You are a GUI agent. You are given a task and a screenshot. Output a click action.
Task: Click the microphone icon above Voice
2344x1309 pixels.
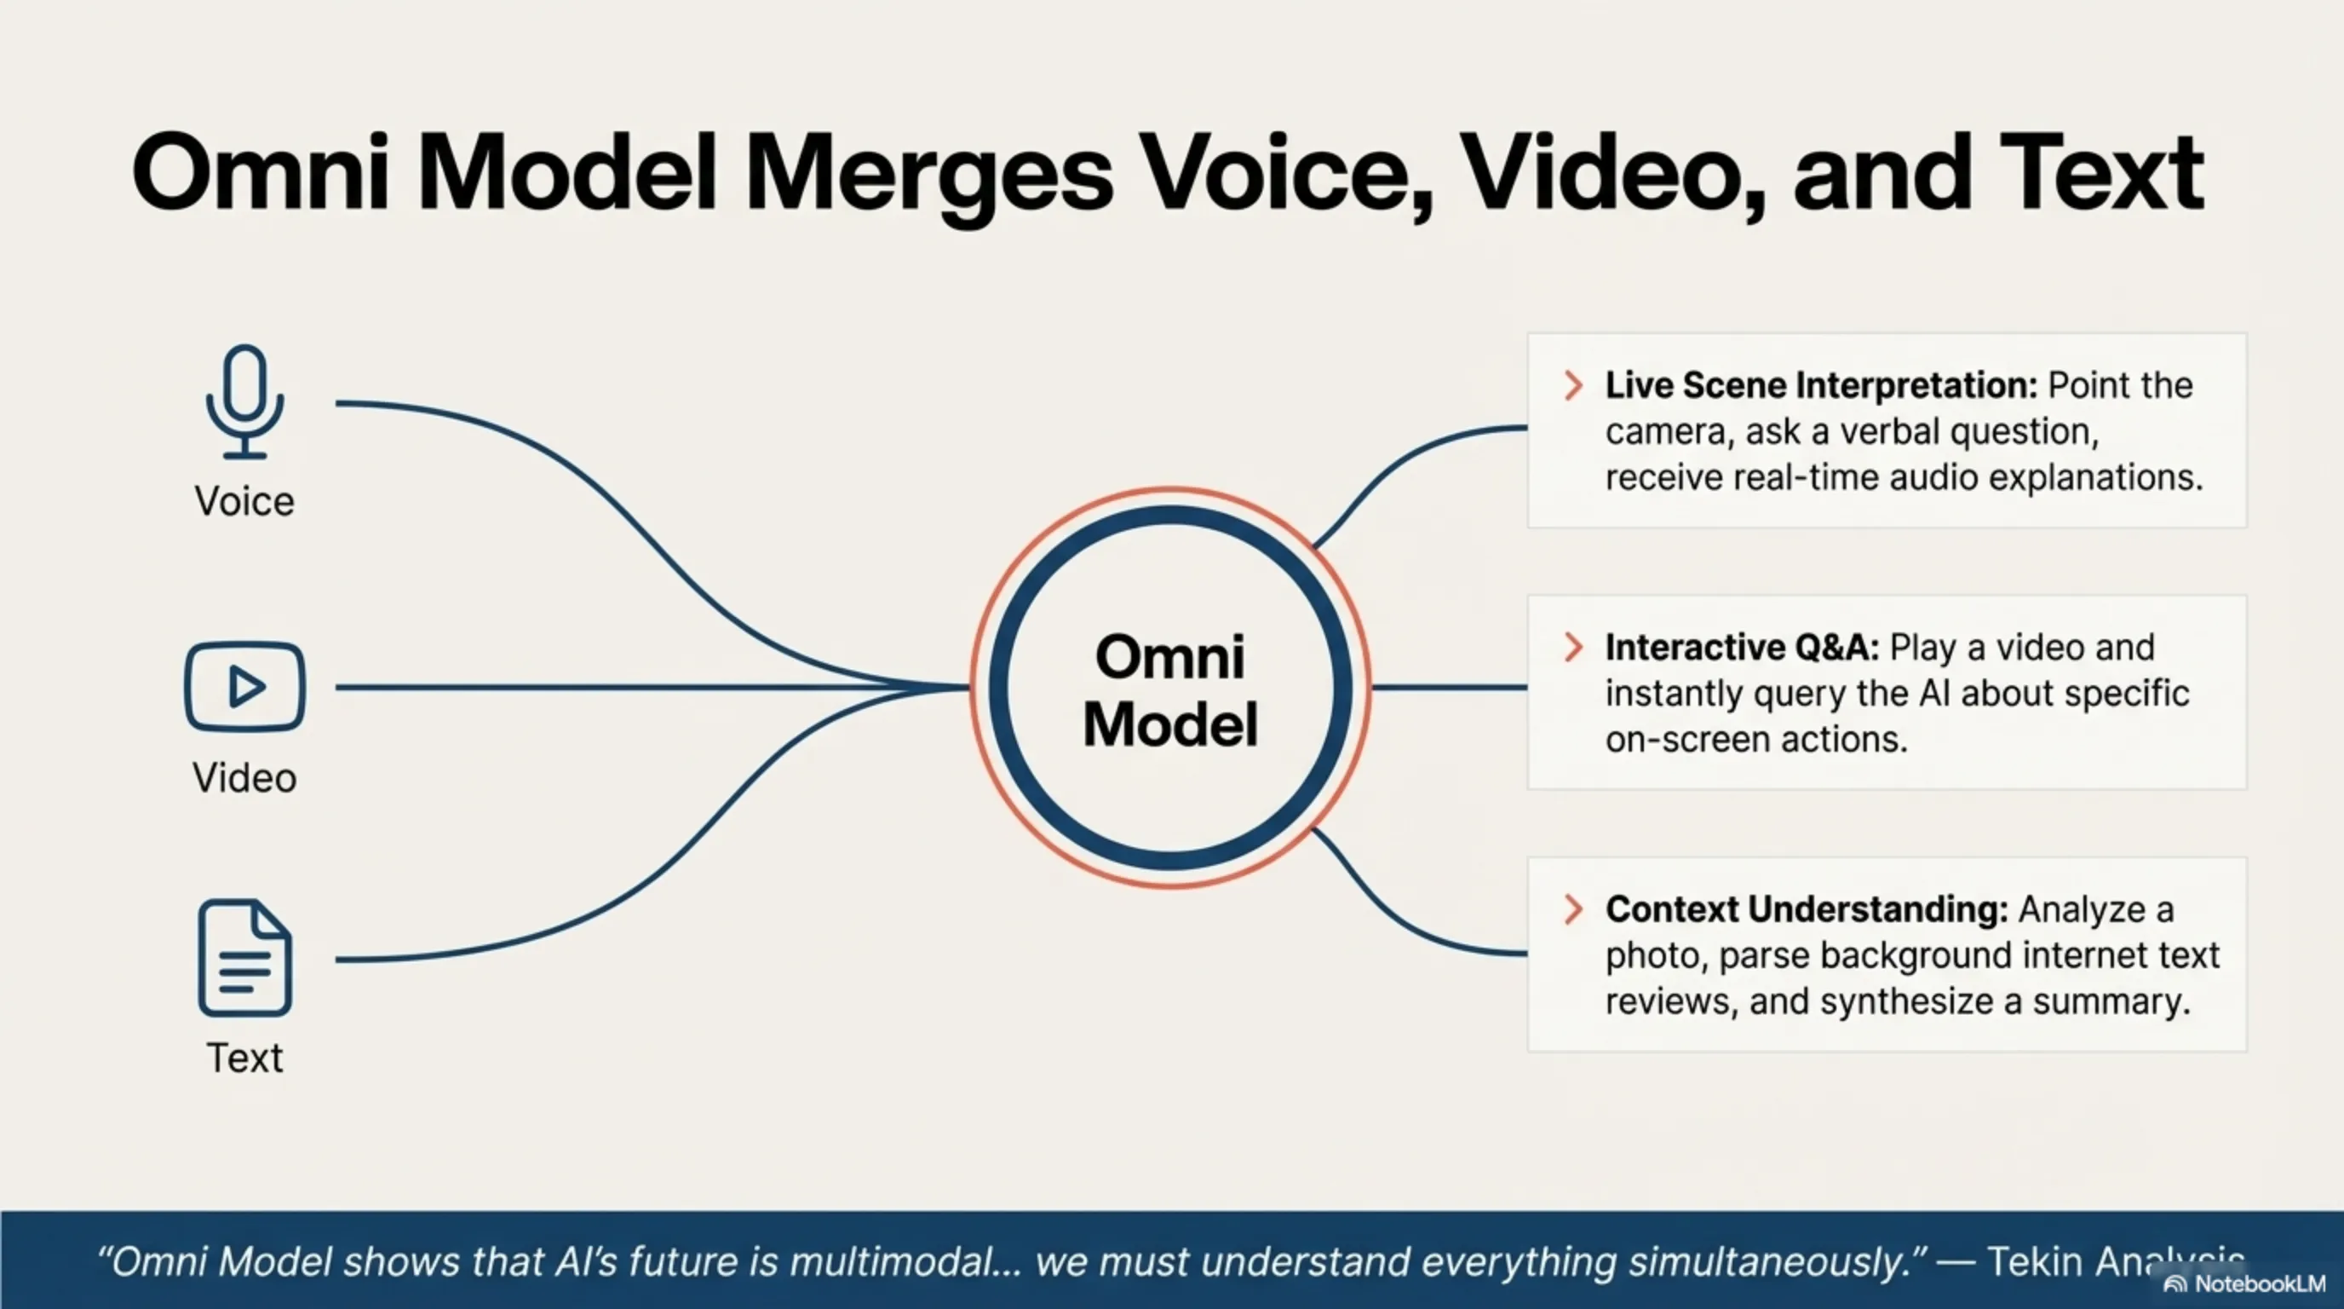244,401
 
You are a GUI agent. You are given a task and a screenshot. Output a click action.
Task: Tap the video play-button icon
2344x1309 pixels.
244,686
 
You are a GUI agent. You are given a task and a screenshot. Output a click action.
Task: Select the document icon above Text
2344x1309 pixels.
244,958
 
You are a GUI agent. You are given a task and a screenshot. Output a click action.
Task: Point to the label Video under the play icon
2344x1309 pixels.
244,778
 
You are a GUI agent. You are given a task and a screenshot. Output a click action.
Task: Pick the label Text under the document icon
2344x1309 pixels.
244,1058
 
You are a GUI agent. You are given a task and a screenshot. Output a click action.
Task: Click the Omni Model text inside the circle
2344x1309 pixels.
1170,690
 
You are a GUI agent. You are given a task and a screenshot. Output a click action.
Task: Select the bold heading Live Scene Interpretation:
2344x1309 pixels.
1821,385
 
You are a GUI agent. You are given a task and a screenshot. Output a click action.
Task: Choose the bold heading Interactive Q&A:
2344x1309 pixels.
1742,647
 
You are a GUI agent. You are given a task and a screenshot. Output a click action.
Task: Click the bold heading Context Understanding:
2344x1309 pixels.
1807,909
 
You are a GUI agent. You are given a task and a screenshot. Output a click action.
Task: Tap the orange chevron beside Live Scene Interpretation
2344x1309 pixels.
1572,385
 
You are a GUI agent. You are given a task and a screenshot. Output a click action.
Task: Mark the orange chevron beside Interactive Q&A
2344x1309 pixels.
1572,647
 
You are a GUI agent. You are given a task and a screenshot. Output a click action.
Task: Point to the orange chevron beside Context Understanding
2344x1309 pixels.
1572,909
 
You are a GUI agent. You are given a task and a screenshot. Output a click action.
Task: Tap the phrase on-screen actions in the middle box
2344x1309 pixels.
1755,739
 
